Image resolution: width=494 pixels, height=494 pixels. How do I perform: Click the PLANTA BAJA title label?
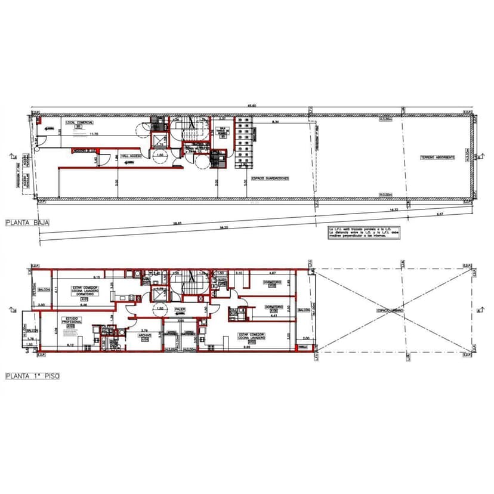coord(27,223)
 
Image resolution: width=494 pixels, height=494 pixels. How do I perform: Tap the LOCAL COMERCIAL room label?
coord(79,123)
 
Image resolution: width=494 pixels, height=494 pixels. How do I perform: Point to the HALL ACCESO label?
coord(131,156)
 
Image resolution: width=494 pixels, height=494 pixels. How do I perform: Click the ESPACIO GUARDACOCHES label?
coord(270,178)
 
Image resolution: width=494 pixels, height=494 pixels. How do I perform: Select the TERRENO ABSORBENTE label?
coord(437,158)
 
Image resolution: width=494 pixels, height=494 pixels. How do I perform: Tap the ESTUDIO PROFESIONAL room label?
coord(70,320)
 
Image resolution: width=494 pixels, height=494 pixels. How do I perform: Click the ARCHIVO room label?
coord(145,335)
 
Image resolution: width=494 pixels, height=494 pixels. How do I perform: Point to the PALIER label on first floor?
coord(180,309)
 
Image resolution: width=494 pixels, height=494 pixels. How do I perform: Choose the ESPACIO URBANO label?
coord(390,311)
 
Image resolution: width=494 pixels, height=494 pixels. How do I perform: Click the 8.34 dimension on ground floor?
coord(275,122)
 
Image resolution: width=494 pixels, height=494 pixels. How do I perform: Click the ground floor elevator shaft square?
coord(160,140)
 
